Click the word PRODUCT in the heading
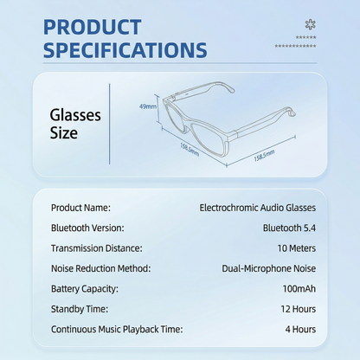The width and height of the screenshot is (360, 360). click(92, 27)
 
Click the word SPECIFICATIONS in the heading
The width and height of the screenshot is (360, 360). click(125, 50)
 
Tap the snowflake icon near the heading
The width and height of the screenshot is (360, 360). click(311, 24)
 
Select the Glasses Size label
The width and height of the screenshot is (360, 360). click(75, 124)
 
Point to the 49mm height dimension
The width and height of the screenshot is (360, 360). click(148, 106)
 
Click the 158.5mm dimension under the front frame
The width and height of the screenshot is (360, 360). click(190, 150)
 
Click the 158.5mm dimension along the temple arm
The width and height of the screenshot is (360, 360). click(264, 156)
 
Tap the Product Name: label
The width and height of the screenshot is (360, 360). click(80, 208)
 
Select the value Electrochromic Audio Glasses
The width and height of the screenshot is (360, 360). click(258, 208)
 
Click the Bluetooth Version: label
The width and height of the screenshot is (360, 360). click(87, 228)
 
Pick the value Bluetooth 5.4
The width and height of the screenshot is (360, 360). click(289, 228)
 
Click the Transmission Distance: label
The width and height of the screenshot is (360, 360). click(97, 248)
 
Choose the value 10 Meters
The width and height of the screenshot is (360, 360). click(297, 248)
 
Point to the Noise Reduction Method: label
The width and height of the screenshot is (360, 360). click(101, 268)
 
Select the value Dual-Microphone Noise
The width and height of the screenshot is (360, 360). click(269, 268)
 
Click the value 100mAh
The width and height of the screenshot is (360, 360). click(299, 289)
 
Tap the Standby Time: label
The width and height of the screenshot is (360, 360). click(80, 309)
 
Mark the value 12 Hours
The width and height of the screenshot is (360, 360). click(299, 309)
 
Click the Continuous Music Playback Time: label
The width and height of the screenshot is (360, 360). click(117, 329)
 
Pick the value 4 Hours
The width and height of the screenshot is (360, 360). click(300, 329)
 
